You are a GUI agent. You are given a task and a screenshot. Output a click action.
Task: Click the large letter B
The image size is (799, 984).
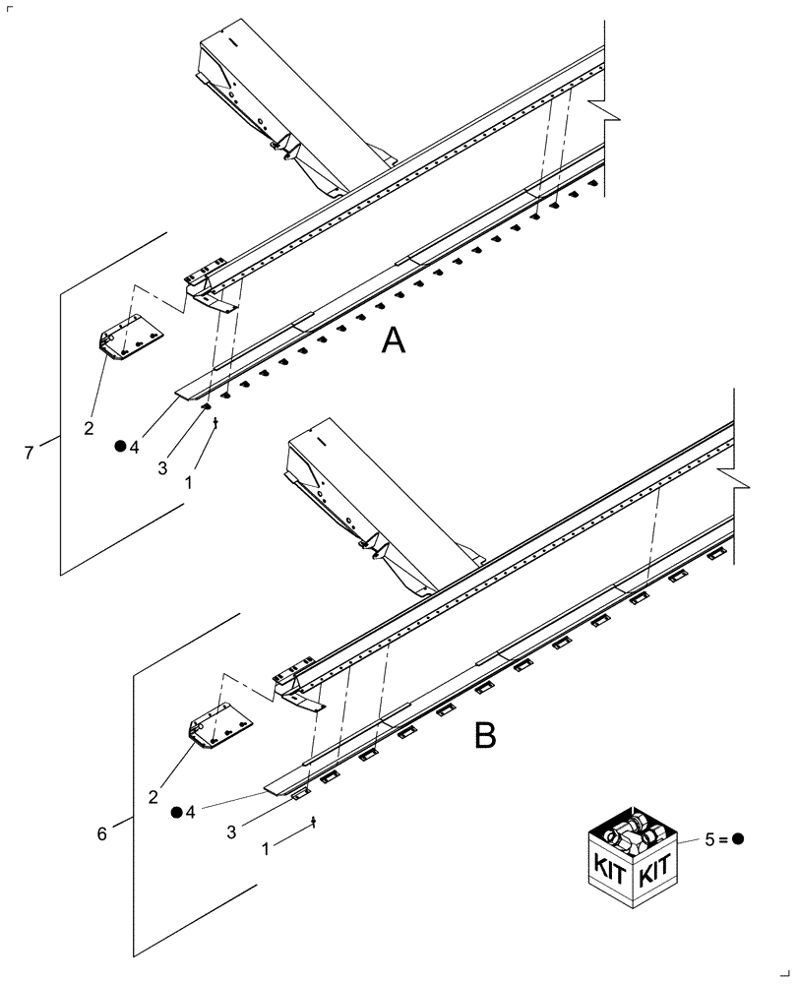(485, 734)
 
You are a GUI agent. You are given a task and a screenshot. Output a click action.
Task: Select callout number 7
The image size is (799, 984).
(29, 453)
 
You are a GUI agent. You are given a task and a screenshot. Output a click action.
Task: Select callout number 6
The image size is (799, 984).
(102, 833)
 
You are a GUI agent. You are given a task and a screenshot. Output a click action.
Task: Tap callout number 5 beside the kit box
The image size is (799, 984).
(711, 839)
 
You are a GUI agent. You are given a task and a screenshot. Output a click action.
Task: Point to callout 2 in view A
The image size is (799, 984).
(89, 429)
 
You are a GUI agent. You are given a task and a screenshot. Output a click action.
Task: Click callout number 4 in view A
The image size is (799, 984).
(134, 446)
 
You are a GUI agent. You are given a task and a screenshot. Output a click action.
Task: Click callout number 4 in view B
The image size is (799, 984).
(191, 813)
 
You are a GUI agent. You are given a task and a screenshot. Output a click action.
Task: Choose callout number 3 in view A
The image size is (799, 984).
(161, 469)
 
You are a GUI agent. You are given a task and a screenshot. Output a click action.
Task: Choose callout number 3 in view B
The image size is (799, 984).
(231, 832)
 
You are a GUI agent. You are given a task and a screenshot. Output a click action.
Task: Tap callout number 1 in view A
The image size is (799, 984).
(190, 484)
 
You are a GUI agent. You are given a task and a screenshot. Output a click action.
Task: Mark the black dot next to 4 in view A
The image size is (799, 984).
(119, 446)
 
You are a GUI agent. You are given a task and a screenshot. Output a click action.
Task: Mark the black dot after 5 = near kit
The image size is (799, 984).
(738, 839)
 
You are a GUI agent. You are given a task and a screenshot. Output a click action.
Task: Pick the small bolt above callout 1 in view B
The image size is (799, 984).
(313, 821)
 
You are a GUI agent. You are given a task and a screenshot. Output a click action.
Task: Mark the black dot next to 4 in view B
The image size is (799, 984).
(176, 813)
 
